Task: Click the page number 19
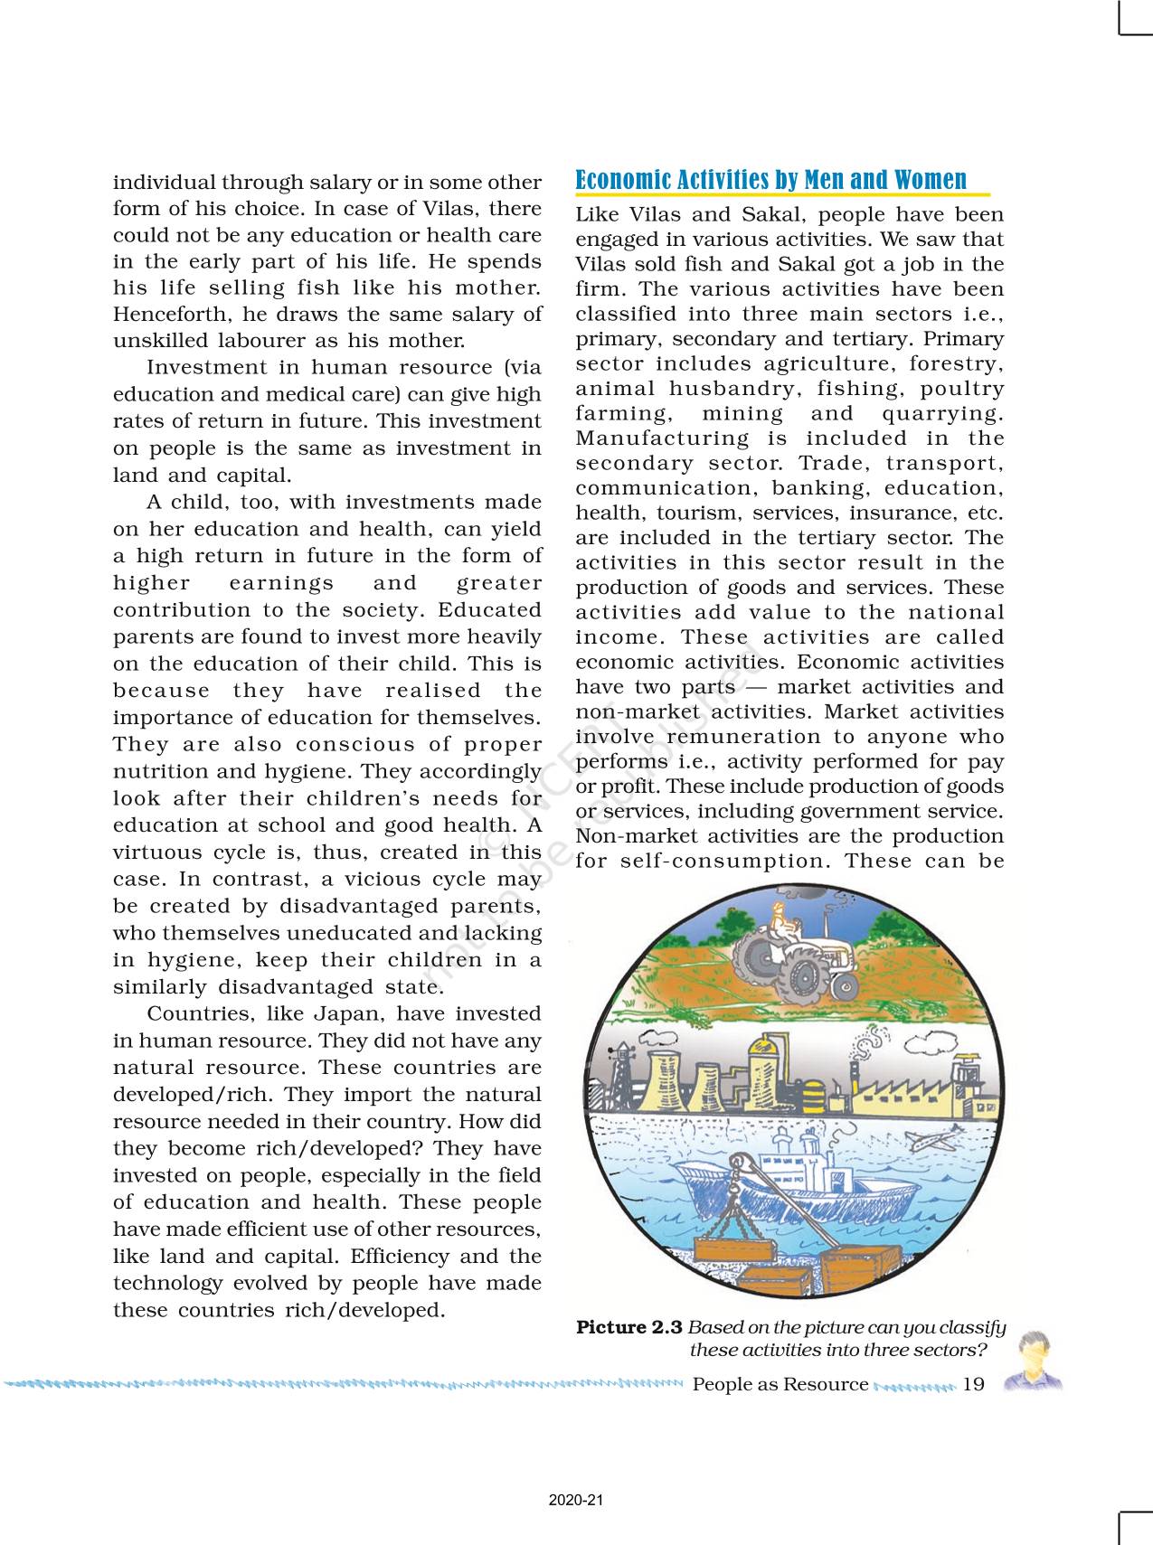(x=973, y=1384)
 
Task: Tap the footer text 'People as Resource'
(x=780, y=1384)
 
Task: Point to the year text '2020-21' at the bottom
(x=576, y=1500)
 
